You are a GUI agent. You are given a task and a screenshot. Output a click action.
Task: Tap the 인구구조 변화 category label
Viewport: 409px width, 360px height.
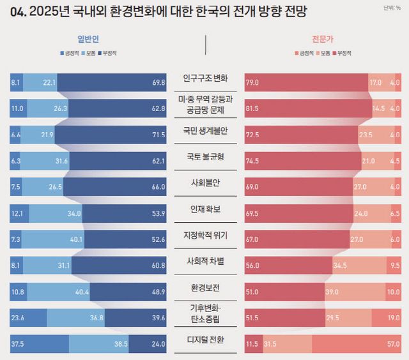(205, 79)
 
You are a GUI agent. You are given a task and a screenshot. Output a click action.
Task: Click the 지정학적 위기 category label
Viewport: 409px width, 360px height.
(205, 236)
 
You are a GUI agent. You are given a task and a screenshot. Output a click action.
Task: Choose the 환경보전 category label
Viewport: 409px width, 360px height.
(205, 288)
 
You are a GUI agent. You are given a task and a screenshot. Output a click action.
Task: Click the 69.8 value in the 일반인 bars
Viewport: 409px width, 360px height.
(159, 82)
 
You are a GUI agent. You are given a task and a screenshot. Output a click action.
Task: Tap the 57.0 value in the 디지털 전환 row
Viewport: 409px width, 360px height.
(394, 344)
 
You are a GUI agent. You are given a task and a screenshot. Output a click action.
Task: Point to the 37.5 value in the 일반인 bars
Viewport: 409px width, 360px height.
(17, 344)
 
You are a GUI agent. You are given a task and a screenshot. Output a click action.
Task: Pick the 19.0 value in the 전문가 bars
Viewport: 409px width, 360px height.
(394, 318)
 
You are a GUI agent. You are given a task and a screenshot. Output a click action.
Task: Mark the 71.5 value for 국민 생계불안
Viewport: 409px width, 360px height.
(159, 135)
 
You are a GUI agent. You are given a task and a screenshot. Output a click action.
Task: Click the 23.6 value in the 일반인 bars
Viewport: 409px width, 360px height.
(17, 318)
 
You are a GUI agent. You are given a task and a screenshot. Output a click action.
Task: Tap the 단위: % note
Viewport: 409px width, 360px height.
(392, 8)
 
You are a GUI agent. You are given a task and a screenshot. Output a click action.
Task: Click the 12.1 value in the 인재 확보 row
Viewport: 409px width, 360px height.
(17, 213)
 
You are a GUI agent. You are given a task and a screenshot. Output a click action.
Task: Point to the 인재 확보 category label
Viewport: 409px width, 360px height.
(205, 209)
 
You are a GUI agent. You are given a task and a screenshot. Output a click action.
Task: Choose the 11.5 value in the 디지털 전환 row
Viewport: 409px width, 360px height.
(252, 344)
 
